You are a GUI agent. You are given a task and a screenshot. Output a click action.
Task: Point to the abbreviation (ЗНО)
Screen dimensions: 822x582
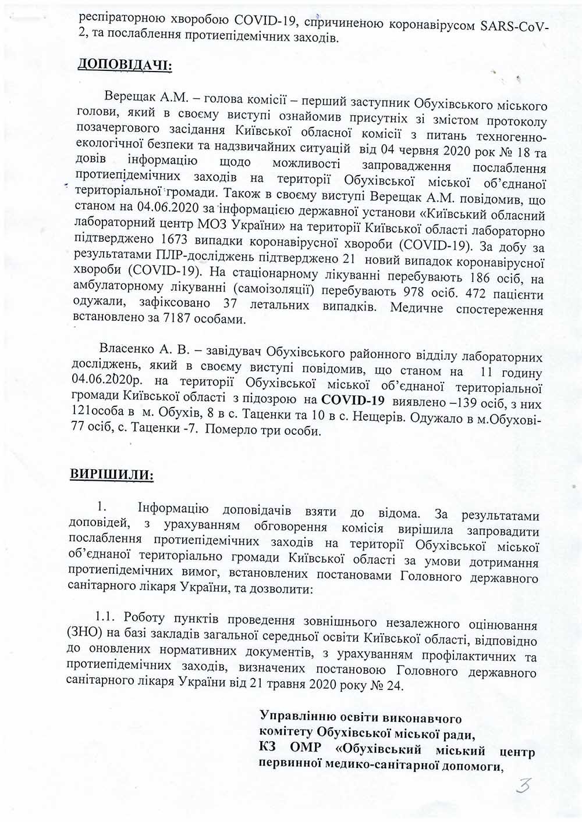click(x=86, y=640)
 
